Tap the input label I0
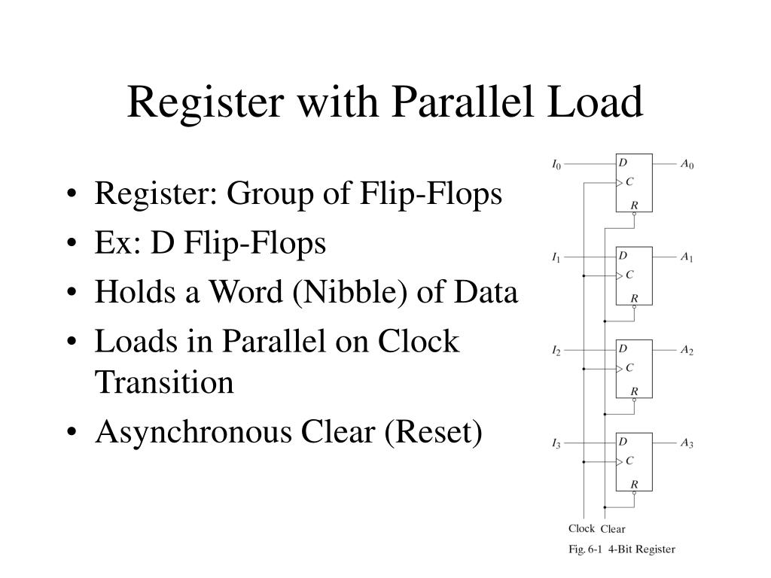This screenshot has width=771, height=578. tap(556, 165)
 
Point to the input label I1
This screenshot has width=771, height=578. tap(556, 257)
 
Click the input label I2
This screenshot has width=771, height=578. tap(556, 351)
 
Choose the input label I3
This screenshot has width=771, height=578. tap(556, 444)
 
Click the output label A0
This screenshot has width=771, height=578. tap(687, 165)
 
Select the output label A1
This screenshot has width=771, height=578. tap(687, 257)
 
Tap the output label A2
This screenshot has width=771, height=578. tap(687, 351)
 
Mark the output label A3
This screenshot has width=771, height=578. tap(687, 444)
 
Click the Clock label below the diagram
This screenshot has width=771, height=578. tap(581, 528)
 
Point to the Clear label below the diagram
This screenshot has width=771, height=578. tap(613, 529)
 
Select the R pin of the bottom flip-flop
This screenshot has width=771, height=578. tap(634, 485)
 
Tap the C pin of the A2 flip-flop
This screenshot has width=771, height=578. tap(629, 368)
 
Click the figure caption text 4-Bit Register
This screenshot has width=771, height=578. tap(642, 549)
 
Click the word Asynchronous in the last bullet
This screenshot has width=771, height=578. tap(194, 433)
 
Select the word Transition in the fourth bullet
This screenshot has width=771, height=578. tap(164, 383)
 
